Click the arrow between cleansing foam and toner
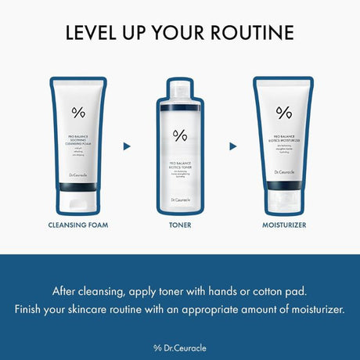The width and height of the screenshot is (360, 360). point(127,146)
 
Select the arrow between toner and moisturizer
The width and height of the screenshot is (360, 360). point(232,146)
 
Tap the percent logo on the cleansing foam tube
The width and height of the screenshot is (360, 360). point(77,111)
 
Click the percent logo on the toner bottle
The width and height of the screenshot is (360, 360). point(180,135)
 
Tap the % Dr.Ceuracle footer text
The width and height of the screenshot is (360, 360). point(179,347)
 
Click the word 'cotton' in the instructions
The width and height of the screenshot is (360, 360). point(263,290)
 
